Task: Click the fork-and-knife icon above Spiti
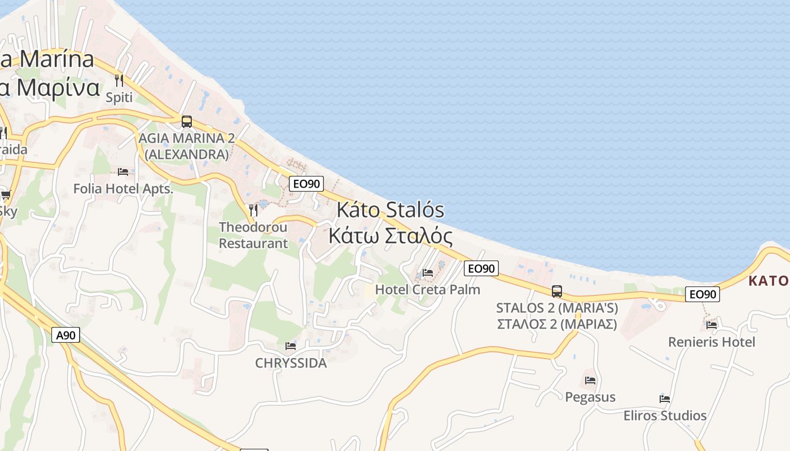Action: pyautogui.click(x=118, y=80)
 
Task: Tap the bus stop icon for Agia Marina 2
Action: pyautogui.click(x=186, y=121)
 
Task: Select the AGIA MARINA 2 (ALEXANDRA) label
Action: pyautogui.click(x=187, y=146)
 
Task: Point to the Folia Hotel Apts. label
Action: pyautogui.click(x=123, y=189)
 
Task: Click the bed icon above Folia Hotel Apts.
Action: pyautogui.click(x=123, y=171)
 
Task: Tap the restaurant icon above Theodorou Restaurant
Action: pyautogui.click(x=253, y=210)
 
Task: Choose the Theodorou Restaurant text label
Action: pyautogui.click(x=253, y=235)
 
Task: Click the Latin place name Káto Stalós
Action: pyautogui.click(x=390, y=210)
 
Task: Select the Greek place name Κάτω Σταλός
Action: pyautogui.click(x=390, y=236)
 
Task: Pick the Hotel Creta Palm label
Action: pyautogui.click(x=428, y=289)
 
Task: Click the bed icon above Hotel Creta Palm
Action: pyautogui.click(x=428, y=273)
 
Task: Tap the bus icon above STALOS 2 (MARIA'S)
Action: pyautogui.click(x=557, y=291)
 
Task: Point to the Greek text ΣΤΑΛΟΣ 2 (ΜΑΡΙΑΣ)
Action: pyautogui.click(x=557, y=324)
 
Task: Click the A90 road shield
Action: pyautogui.click(x=66, y=335)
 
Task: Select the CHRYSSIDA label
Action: pyautogui.click(x=291, y=362)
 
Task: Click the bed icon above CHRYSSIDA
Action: pyautogui.click(x=291, y=346)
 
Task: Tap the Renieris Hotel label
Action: pyautogui.click(x=712, y=342)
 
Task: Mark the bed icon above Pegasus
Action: pyautogui.click(x=590, y=380)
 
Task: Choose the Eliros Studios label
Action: pyautogui.click(x=665, y=415)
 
